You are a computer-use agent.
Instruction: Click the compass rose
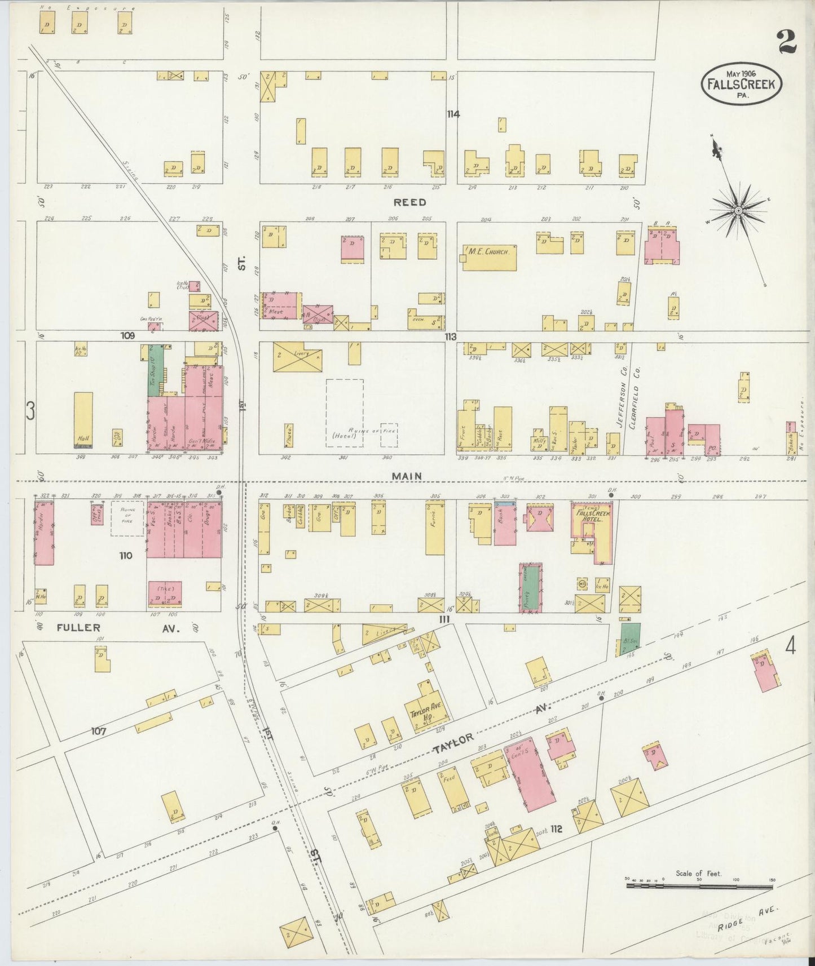[737, 210]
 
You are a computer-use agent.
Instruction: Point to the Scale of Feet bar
[699, 887]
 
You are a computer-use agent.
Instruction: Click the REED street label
[409, 202]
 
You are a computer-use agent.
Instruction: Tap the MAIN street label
[407, 476]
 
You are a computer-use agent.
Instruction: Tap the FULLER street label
[78, 627]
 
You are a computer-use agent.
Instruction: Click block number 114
[453, 114]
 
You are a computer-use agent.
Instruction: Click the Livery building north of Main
[297, 357]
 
